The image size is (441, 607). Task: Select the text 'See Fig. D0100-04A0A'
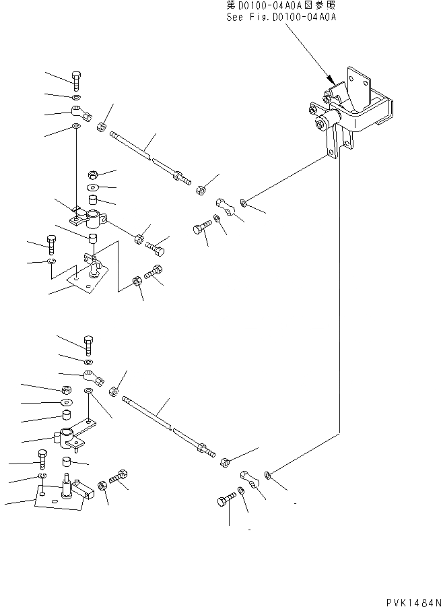[x=281, y=17]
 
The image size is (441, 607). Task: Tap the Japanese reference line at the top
[x=281, y=6]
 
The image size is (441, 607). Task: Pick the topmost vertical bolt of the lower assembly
[x=88, y=345]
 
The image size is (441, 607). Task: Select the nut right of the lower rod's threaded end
[x=225, y=463]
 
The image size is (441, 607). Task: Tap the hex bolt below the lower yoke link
[x=227, y=501]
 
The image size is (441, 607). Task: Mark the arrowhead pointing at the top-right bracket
[x=331, y=80]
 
